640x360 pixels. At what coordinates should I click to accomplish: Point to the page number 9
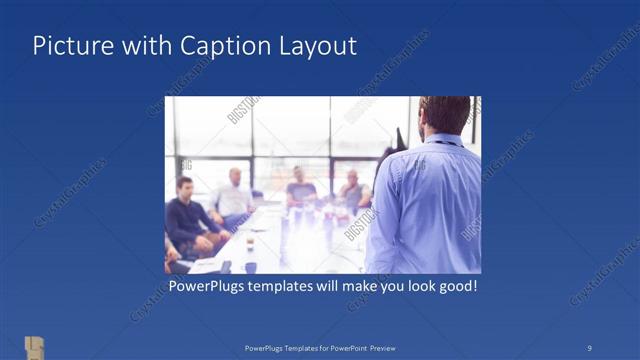point(589,347)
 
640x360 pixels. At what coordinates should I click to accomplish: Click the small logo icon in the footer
point(35,347)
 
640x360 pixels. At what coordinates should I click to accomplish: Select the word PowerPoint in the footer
point(345,348)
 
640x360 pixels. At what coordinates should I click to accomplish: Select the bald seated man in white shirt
point(234,196)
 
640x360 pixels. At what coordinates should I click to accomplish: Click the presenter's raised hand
point(399,139)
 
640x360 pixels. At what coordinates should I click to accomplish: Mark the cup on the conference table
point(250,244)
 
